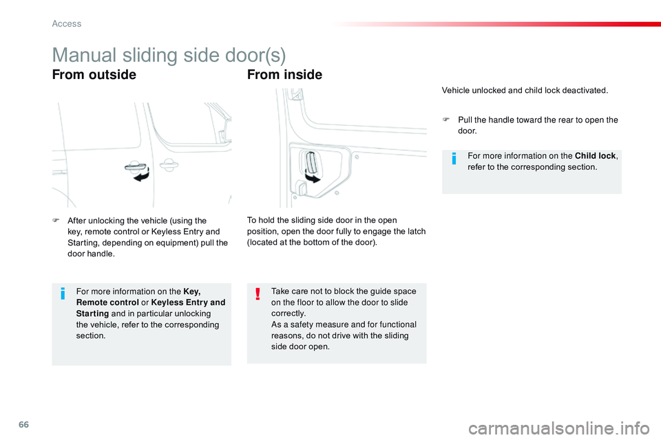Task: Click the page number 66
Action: point(23,424)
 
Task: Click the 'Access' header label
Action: point(67,24)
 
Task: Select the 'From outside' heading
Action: point(94,74)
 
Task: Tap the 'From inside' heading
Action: point(284,74)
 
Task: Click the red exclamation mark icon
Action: point(258,294)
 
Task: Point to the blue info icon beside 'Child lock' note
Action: point(454,158)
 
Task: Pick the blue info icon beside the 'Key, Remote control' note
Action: point(63,293)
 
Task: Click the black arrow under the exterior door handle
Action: point(142,175)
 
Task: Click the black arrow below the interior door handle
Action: point(313,178)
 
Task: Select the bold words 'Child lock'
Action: point(595,156)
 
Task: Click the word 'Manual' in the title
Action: point(84,55)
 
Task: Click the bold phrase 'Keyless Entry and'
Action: point(188,302)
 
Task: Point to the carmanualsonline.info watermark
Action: point(559,428)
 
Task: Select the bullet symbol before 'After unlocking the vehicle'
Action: point(56,220)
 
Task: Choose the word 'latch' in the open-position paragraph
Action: point(415,231)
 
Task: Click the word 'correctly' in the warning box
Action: point(288,313)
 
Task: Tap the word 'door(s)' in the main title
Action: point(255,55)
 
